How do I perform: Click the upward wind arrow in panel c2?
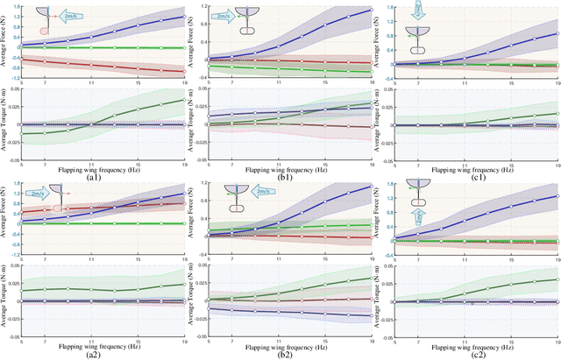[420, 215]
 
